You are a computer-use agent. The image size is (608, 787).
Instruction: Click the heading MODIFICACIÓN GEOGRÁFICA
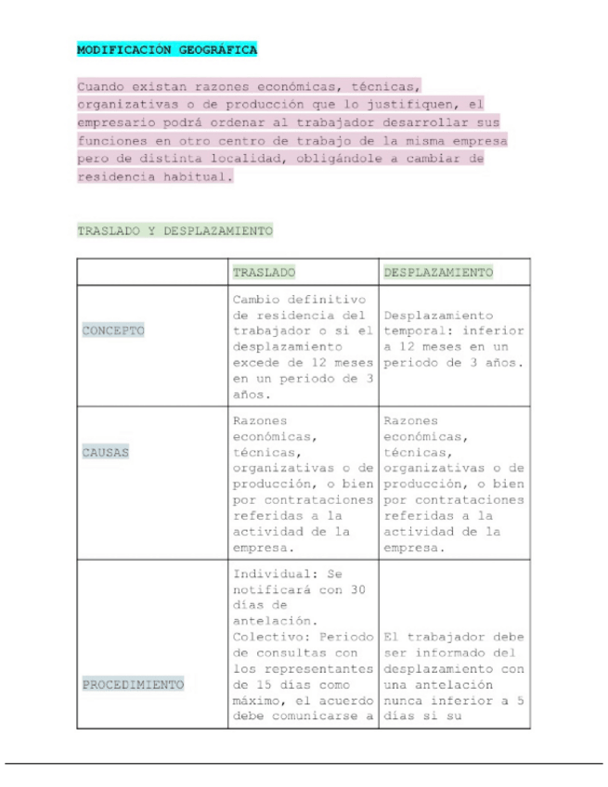pos(167,48)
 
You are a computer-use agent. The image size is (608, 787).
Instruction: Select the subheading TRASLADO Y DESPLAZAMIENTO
pos(175,229)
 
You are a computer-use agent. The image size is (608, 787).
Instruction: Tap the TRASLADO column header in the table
pos(264,272)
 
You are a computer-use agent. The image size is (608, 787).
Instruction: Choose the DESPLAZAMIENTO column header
pos(437,272)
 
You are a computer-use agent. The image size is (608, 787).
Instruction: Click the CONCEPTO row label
pos(113,331)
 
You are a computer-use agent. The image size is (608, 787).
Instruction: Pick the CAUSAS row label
pos(105,454)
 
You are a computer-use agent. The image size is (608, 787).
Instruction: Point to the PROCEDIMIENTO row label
pos(134,685)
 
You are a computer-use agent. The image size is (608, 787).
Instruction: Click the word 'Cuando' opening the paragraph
pos(101,87)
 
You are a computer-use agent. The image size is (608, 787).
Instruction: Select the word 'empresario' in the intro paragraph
pos(116,122)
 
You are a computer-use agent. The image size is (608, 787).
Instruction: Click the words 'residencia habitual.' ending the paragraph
pos(155,175)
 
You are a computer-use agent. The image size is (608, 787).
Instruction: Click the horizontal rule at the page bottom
pos(304,764)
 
